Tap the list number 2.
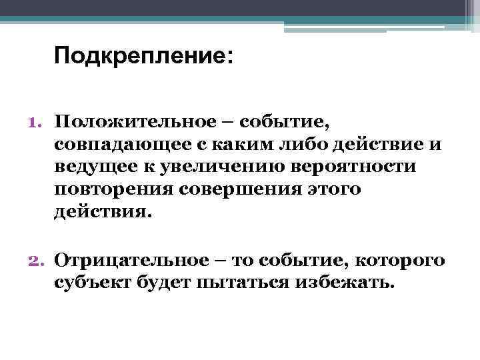tap(35, 260)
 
